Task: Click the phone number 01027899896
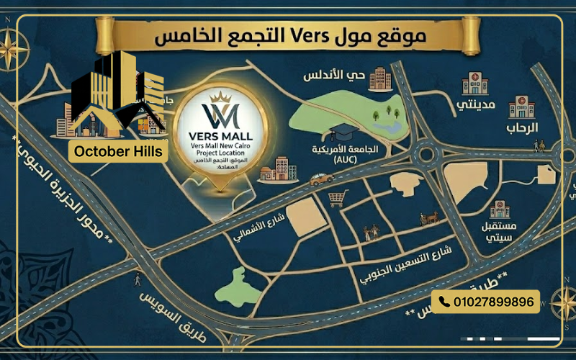492,302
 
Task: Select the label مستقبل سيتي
498,230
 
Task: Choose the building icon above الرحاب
522,106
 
